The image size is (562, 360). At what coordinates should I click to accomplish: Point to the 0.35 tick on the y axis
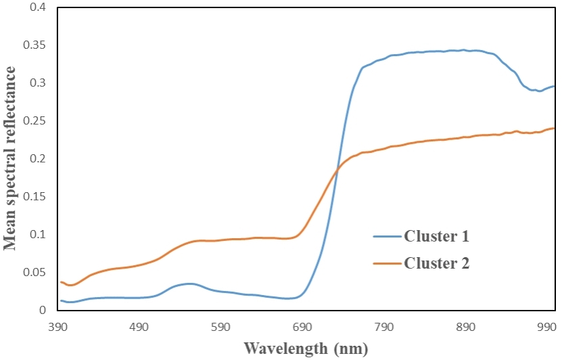click(34, 45)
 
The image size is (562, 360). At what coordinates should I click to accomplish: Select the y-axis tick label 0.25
click(34, 121)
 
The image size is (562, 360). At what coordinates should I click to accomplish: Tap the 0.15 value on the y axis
click(34, 197)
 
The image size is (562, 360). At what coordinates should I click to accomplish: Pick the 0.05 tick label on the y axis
click(34, 273)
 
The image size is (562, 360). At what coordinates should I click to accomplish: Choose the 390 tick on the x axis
click(59, 326)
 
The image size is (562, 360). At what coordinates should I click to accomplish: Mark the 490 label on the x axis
click(140, 326)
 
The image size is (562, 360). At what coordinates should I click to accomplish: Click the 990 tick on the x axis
click(545, 326)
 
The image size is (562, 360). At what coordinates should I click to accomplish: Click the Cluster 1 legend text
click(436, 236)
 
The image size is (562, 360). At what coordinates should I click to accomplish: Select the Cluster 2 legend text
click(436, 263)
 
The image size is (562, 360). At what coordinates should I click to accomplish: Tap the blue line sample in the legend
click(387, 237)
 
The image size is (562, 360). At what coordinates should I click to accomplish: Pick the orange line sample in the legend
click(387, 263)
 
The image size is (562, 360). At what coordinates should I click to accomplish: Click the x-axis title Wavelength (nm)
click(306, 349)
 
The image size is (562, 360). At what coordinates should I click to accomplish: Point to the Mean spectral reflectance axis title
click(11, 158)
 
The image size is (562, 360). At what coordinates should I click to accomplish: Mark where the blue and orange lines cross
click(337, 166)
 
